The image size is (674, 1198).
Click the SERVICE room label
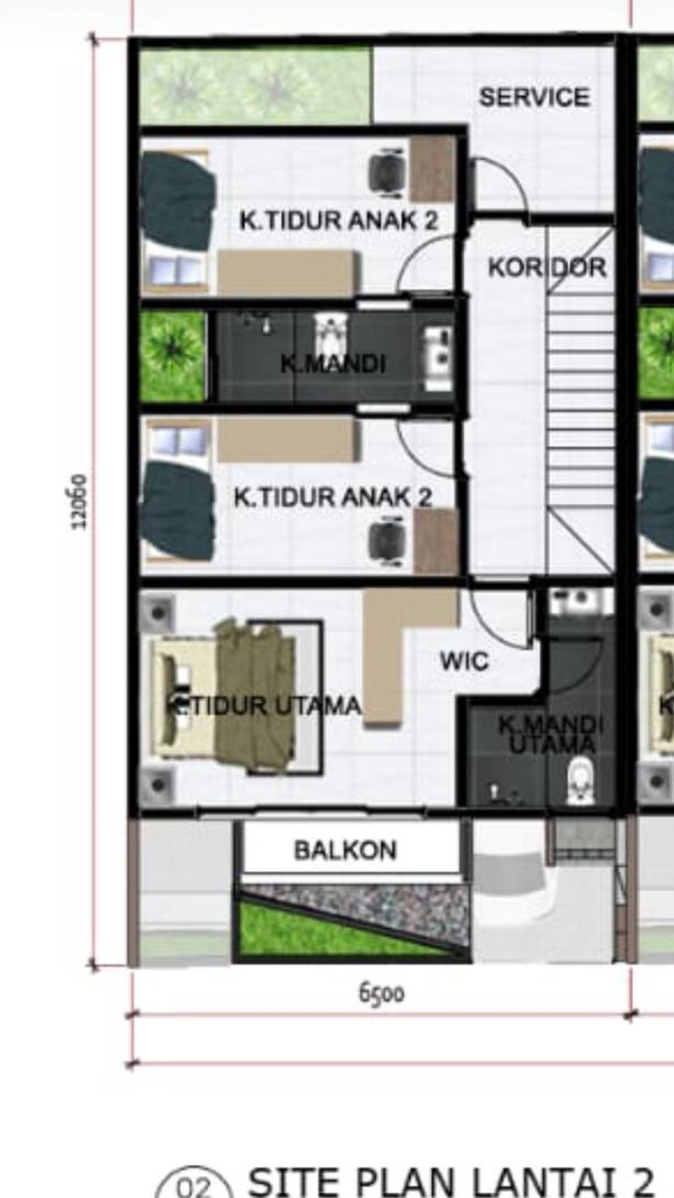[x=534, y=97]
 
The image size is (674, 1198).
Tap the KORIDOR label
[x=547, y=267]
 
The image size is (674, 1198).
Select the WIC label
[x=465, y=662]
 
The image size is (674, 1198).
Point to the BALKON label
[x=345, y=850]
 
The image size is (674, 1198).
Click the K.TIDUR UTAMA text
[x=266, y=706]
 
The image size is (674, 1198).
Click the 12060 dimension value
[x=80, y=501]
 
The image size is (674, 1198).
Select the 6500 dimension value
[x=381, y=994]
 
